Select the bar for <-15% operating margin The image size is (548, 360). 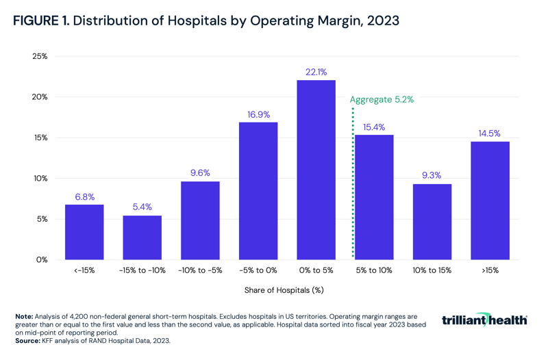[x=84, y=232]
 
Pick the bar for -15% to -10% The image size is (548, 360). [x=142, y=237]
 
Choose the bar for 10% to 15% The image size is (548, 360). [x=432, y=222]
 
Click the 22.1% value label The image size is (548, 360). [x=316, y=72]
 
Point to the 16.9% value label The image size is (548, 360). [x=258, y=114]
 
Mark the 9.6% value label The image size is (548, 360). [x=200, y=173]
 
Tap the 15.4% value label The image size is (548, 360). [x=374, y=127]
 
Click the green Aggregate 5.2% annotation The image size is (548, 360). [x=382, y=99]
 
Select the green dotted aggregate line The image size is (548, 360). [x=353, y=185]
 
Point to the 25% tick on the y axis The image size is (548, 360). [x=40, y=56]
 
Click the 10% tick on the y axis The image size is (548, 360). [x=40, y=179]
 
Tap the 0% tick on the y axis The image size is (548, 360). [x=42, y=260]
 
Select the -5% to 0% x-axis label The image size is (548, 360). [x=258, y=270]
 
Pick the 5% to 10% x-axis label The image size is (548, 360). [x=374, y=270]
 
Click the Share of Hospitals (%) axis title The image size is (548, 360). [x=284, y=290]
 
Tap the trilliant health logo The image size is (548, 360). [x=484, y=320]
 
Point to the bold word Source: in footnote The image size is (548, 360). [x=29, y=339]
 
